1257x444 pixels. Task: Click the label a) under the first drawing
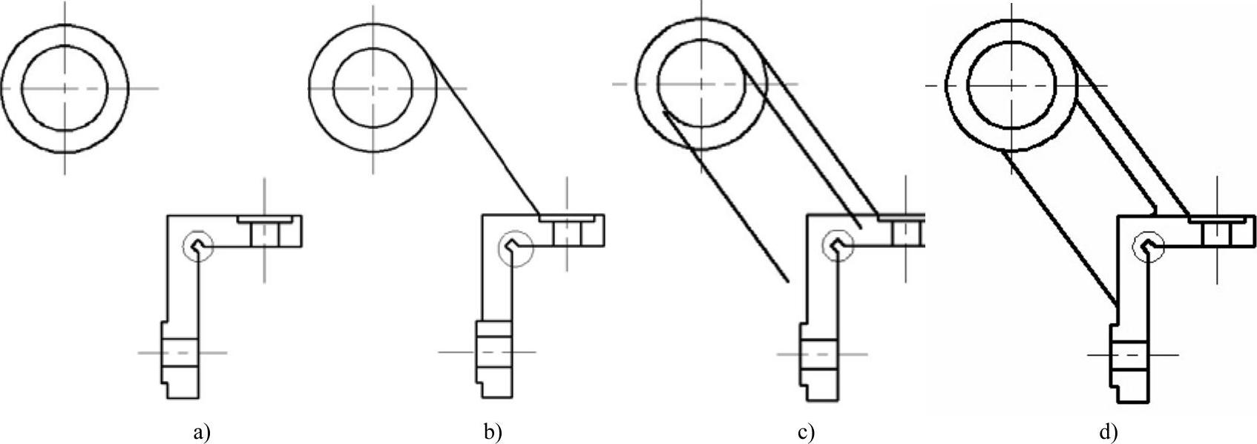(200, 432)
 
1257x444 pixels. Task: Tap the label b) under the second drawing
(493, 432)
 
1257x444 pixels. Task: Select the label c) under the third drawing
(806, 432)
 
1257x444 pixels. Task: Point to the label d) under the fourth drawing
(1108, 432)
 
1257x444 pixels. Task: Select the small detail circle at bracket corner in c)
(838, 244)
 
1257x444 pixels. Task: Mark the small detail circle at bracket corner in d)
(1148, 247)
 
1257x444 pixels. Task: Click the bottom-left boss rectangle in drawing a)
(180, 353)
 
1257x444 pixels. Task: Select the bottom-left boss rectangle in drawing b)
(493, 350)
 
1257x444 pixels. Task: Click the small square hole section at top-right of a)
(264, 235)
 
